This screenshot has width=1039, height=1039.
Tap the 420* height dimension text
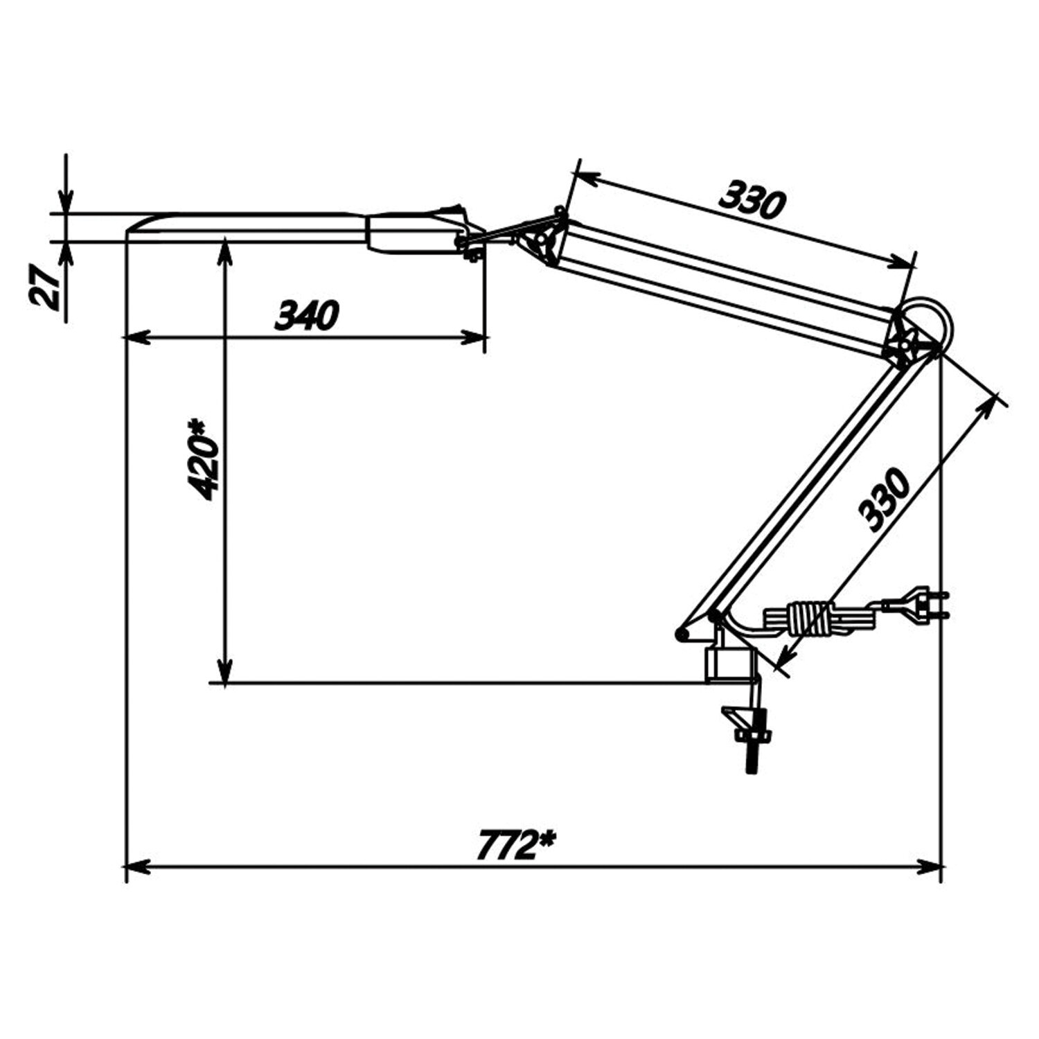click(x=205, y=459)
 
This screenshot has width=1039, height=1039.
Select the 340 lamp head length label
click(x=307, y=316)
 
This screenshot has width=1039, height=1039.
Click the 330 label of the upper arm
click(x=753, y=199)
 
